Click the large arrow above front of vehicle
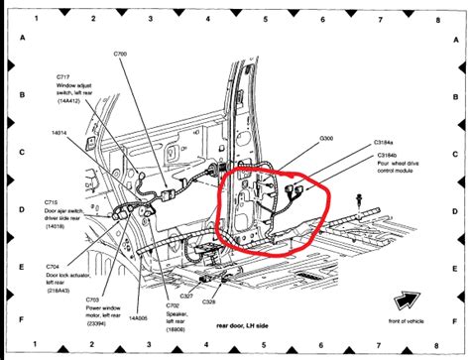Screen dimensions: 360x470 (x=403, y=300)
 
